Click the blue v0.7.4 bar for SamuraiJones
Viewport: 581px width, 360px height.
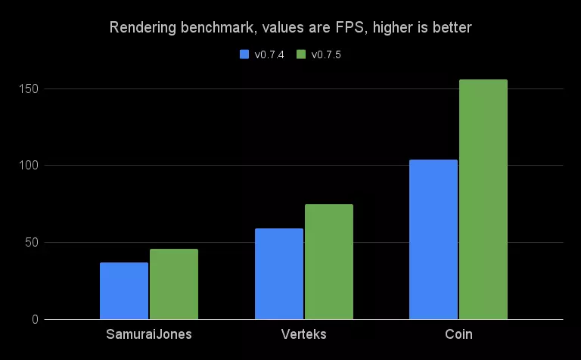click(124, 291)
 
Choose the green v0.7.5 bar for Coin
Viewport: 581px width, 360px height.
click(483, 200)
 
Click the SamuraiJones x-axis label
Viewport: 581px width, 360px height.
click(149, 334)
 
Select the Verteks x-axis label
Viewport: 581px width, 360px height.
click(304, 334)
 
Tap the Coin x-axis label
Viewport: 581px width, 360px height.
click(458, 334)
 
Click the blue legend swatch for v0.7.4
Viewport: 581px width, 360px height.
click(244, 54)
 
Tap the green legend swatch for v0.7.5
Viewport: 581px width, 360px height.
click(300, 54)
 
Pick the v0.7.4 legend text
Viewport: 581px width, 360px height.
click(269, 54)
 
